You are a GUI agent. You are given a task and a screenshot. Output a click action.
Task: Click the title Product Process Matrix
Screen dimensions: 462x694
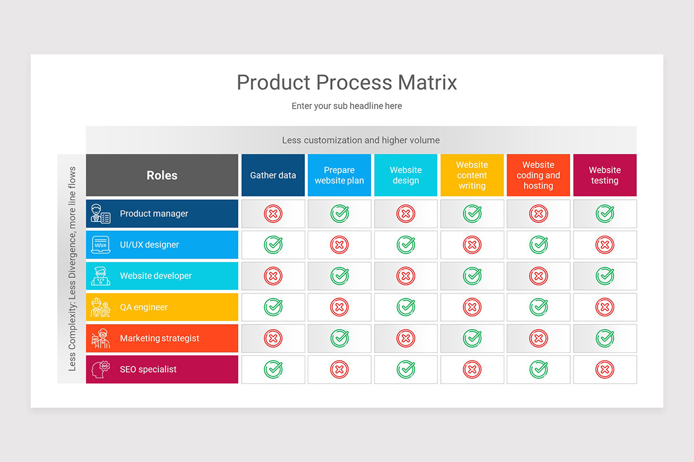pyautogui.click(x=347, y=83)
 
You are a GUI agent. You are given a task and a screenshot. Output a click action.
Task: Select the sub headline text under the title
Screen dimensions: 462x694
pyautogui.click(x=347, y=106)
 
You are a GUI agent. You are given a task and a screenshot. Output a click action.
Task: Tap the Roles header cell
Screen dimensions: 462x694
pyautogui.click(x=162, y=176)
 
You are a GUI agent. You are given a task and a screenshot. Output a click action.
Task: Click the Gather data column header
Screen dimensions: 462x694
pyautogui.click(x=273, y=176)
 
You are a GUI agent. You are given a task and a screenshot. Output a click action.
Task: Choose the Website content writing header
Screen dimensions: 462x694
pyautogui.click(x=472, y=176)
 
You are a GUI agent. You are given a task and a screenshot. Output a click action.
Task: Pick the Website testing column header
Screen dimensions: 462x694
pyautogui.click(x=604, y=176)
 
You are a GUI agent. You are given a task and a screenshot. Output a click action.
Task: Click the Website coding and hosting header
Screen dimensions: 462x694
pyautogui.click(x=538, y=176)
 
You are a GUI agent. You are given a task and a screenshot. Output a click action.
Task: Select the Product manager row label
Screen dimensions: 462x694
pyautogui.click(x=154, y=214)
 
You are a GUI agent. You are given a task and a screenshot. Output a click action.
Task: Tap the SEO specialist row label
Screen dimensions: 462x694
pyautogui.click(x=148, y=370)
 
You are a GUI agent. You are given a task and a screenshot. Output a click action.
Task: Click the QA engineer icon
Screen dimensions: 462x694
pyautogui.click(x=100, y=307)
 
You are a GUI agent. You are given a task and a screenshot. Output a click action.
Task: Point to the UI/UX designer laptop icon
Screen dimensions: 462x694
pyautogui.click(x=100, y=245)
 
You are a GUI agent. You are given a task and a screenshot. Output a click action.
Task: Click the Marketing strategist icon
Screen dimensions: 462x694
pyautogui.click(x=100, y=338)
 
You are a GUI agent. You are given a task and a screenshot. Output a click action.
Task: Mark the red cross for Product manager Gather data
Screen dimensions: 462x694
pyautogui.click(x=273, y=214)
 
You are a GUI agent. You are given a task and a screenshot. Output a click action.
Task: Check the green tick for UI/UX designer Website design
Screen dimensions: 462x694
pyautogui.click(x=406, y=245)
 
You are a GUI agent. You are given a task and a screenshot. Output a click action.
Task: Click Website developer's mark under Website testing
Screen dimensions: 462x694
pyautogui.click(x=605, y=276)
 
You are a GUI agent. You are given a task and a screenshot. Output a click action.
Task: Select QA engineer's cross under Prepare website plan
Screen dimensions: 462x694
pyautogui.click(x=339, y=307)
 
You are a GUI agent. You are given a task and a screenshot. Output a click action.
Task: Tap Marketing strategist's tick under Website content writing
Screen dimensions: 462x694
pyautogui.click(x=472, y=338)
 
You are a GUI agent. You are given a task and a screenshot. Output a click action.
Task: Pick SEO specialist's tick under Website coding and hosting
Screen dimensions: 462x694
pyautogui.click(x=538, y=370)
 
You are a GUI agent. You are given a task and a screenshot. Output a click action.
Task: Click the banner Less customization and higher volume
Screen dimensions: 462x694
pyautogui.click(x=361, y=140)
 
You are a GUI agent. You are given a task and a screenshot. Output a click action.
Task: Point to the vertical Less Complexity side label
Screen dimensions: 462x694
pyautogui.click(x=72, y=269)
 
